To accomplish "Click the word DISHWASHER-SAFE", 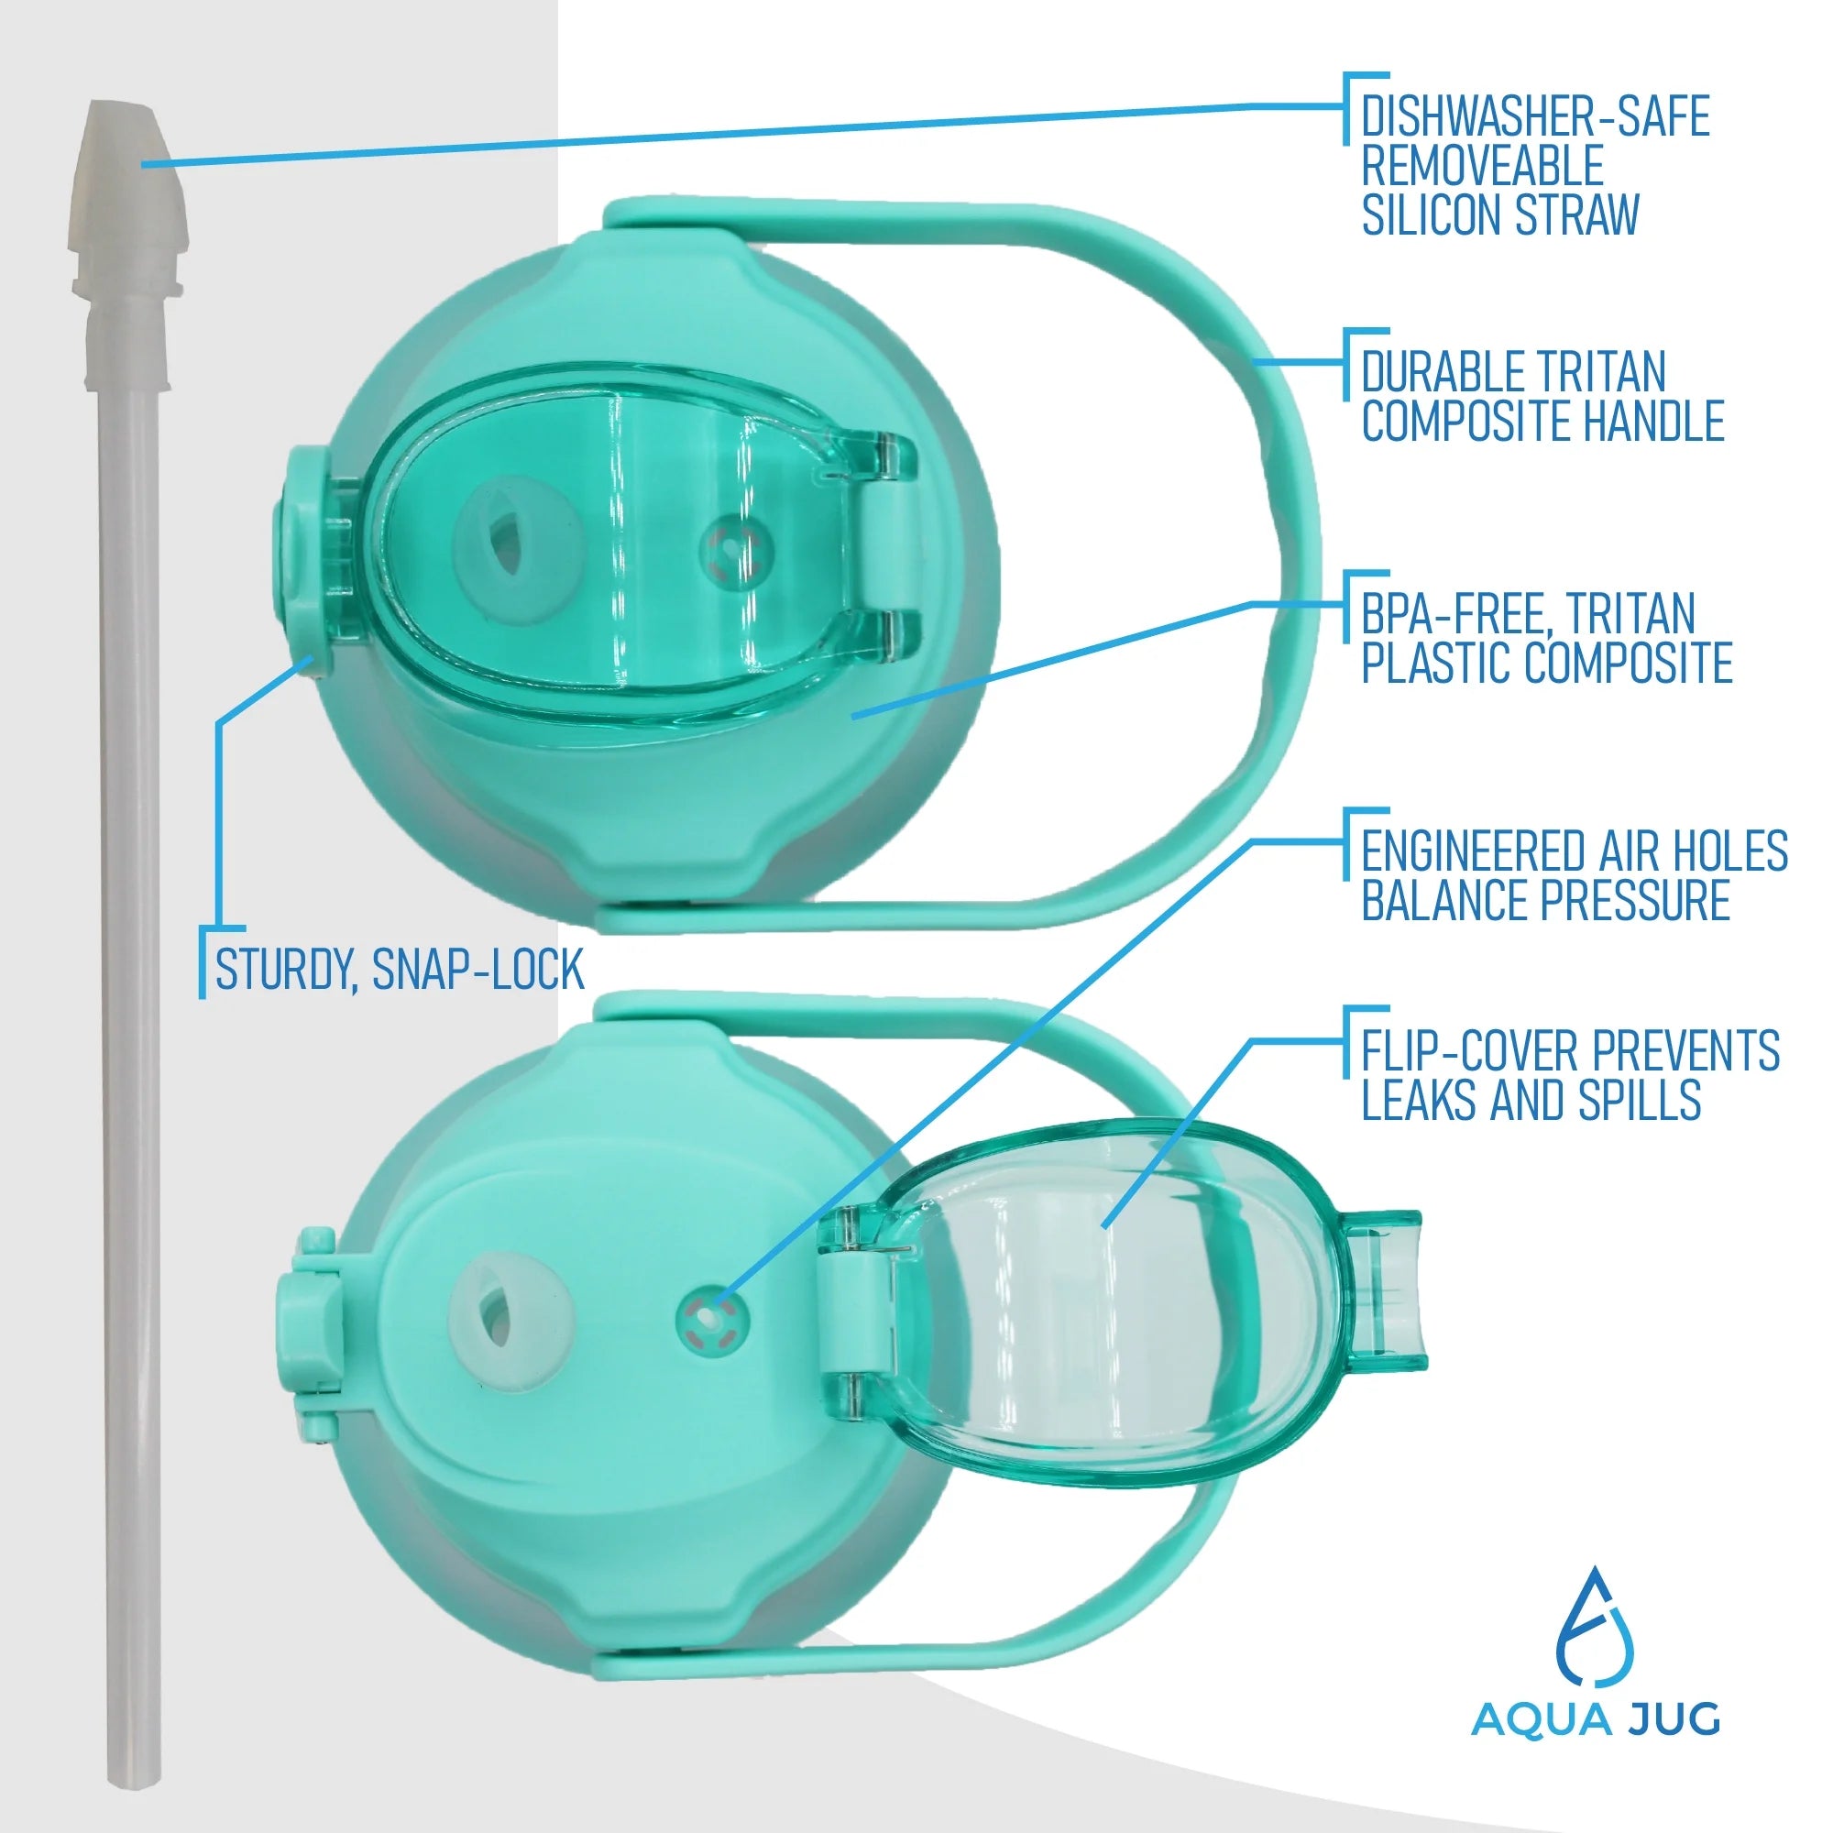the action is point(1535,117).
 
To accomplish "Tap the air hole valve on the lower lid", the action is point(712,1319).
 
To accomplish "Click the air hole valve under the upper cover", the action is point(730,549).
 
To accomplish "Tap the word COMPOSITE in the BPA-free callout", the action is point(1630,663).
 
